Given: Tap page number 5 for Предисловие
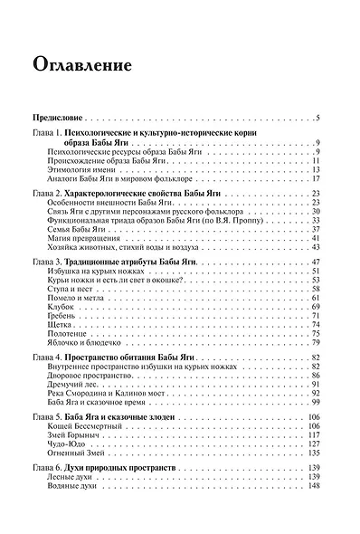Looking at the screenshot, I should point(318,119).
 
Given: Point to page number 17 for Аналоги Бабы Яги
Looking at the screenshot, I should point(317,179).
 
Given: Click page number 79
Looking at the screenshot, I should point(317,343).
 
